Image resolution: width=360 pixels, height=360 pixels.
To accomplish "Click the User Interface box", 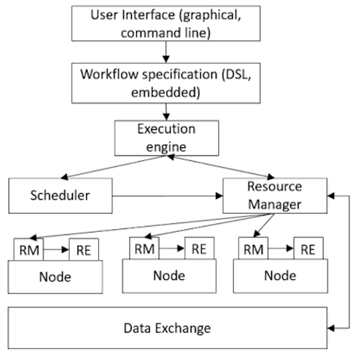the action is pos(166,23).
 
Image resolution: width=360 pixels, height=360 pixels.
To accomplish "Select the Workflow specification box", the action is pos(166,83).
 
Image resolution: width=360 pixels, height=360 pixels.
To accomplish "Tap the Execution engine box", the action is pos(167,138).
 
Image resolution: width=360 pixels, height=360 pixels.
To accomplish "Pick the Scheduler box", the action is pos(60,195).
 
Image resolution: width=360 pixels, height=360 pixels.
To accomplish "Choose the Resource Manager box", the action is pos(275,195).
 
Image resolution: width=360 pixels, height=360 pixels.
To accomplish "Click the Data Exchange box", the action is pos(168,327).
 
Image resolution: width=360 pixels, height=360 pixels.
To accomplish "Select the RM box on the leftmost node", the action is pos(29,250).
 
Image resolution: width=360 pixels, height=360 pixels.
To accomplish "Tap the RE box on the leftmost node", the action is pos(84,250).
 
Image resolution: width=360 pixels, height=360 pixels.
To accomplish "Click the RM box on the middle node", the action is pos(144,249).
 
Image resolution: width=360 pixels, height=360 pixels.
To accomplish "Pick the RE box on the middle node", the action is pos(199,249).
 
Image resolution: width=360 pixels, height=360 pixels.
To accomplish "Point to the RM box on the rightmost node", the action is pos(253,249).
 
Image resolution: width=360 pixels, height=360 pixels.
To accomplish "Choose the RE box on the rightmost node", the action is pos(309,249).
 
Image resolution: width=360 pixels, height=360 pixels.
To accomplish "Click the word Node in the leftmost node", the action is pos(55,277).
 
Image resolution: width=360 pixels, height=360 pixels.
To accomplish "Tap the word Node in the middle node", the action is pos(169,276).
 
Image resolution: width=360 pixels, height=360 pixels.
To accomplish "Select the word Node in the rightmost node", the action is pos(280,276).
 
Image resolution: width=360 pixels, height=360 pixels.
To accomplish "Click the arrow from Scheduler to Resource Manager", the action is pos(168,196).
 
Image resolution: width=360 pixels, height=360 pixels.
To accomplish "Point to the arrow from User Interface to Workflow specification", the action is pos(166,52).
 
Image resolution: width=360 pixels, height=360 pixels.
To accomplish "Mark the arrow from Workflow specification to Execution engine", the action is pos(166,112).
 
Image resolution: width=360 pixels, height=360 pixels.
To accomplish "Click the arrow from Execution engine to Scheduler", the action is pos(113,167).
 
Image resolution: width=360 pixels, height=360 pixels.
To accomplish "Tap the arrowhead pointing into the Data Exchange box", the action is pos(331,328).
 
